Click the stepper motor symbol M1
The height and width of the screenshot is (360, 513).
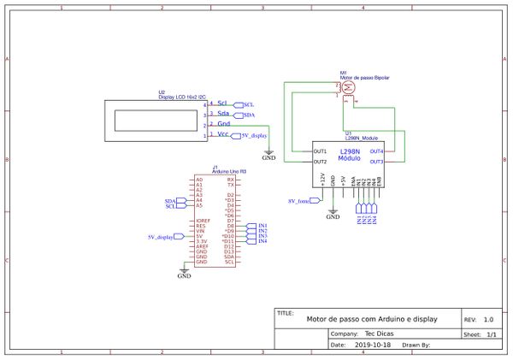tap(348, 89)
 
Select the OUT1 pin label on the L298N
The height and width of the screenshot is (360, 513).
tap(320, 151)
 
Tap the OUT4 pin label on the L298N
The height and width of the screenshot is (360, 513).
tap(376, 151)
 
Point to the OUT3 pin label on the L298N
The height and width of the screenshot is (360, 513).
tap(376, 161)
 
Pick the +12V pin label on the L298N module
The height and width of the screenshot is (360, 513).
tap(322, 180)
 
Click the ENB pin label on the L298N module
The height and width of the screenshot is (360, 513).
tap(380, 180)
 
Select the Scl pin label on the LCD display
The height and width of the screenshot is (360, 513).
tap(222, 103)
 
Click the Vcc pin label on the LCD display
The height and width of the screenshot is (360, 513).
tap(222, 134)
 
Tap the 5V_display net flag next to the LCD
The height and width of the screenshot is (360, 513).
tap(253, 135)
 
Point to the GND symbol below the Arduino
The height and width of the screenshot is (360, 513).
tap(184, 273)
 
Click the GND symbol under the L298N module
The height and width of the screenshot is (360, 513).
tap(333, 214)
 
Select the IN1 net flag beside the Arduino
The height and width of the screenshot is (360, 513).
tap(262, 225)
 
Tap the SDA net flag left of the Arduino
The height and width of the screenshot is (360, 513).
tap(170, 200)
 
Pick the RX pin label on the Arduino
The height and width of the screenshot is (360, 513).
tap(230, 180)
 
